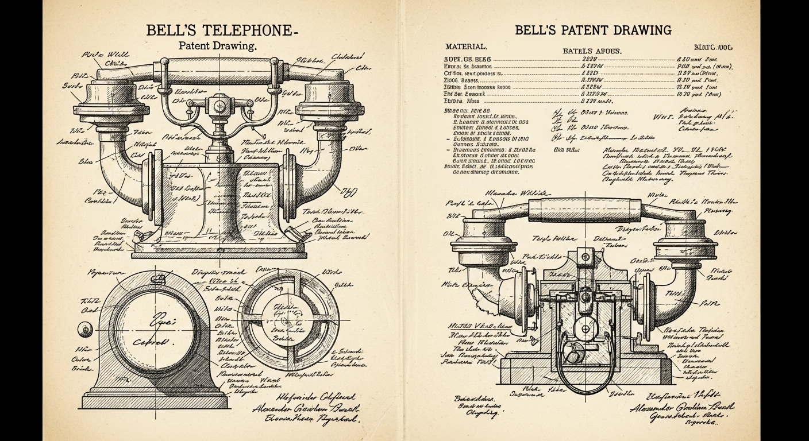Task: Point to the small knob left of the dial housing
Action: coord(84,329)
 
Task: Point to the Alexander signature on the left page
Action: coord(305,409)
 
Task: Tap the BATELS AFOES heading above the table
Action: coord(591,51)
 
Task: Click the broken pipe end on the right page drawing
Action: coord(506,293)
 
